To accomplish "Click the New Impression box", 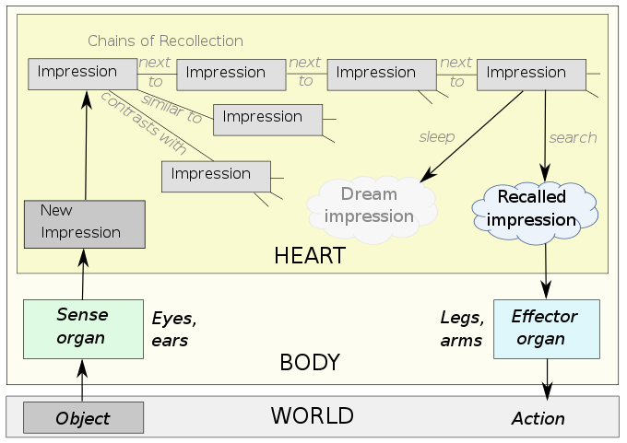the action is click(x=85, y=225).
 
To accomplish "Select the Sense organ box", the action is click(x=83, y=329).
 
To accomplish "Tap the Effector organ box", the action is click(x=547, y=329).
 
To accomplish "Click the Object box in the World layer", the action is click(x=83, y=418).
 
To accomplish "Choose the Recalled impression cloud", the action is click(x=535, y=213).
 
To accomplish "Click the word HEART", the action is click(x=310, y=256).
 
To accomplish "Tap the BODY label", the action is click(x=310, y=362).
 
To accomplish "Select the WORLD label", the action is click(x=313, y=415).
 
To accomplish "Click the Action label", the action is click(x=538, y=419).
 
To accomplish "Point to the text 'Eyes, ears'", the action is click(x=174, y=330).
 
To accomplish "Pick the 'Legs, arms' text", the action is click(x=462, y=329).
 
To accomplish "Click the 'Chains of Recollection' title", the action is click(x=165, y=41).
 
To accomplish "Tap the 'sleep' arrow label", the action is click(x=437, y=137).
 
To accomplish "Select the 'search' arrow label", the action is click(x=573, y=138).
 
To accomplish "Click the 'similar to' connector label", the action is click(x=172, y=109).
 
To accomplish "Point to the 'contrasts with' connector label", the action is click(x=144, y=123).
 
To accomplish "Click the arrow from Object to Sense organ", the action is click(x=82, y=379).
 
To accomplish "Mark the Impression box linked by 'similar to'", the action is click(x=268, y=120).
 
